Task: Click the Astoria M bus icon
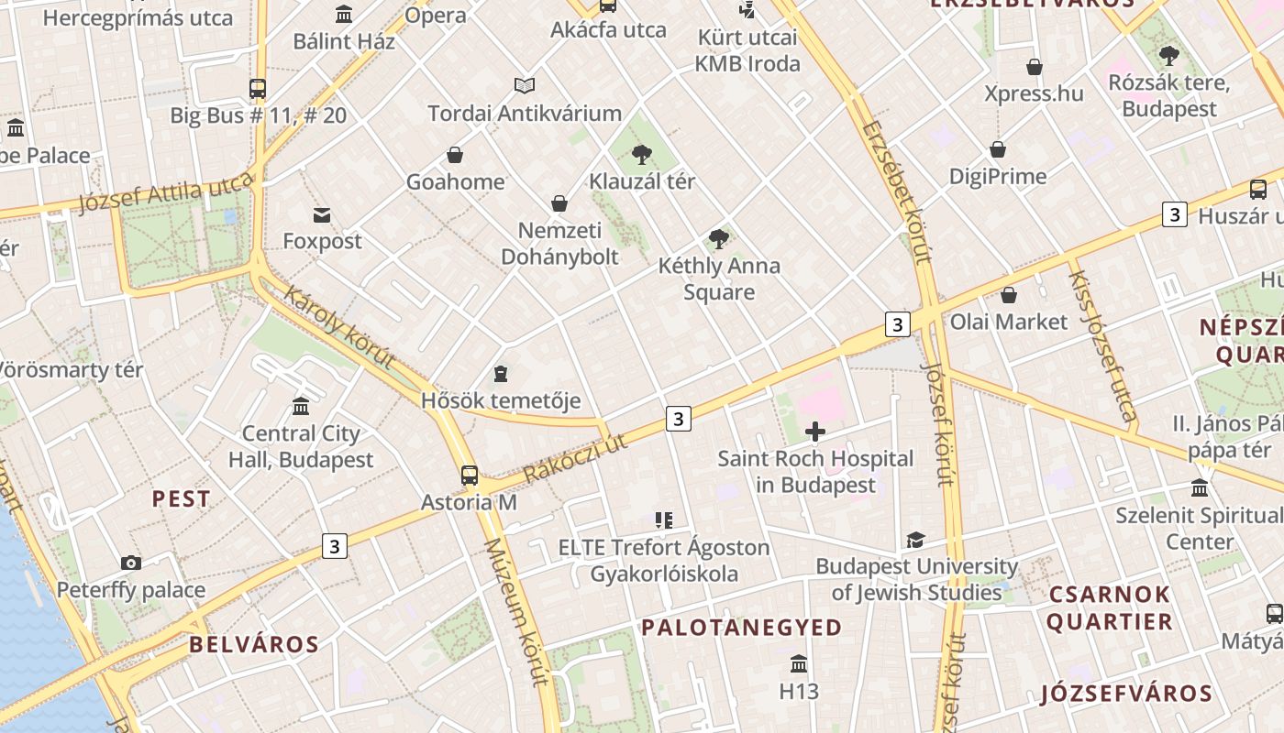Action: (x=469, y=475)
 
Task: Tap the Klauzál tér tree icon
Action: (x=642, y=154)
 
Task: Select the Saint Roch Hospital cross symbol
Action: (x=814, y=432)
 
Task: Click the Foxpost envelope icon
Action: (x=322, y=215)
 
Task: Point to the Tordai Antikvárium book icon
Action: (x=525, y=86)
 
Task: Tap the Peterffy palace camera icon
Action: (x=131, y=563)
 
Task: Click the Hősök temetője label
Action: (x=501, y=400)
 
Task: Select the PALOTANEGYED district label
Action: (x=741, y=628)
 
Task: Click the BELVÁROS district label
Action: (x=254, y=644)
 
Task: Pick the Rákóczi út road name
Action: (x=575, y=457)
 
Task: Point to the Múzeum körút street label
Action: (x=515, y=611)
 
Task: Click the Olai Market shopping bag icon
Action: (x=1009, y=295)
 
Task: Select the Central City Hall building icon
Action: (x=301, y=406)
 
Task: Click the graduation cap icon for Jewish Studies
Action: (x=915, y=540)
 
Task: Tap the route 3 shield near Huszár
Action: (x=1174, y=214)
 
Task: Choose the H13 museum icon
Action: (x=798, y=663)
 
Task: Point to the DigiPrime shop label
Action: (x=998, y=176)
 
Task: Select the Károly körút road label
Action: (x=338, y=326)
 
